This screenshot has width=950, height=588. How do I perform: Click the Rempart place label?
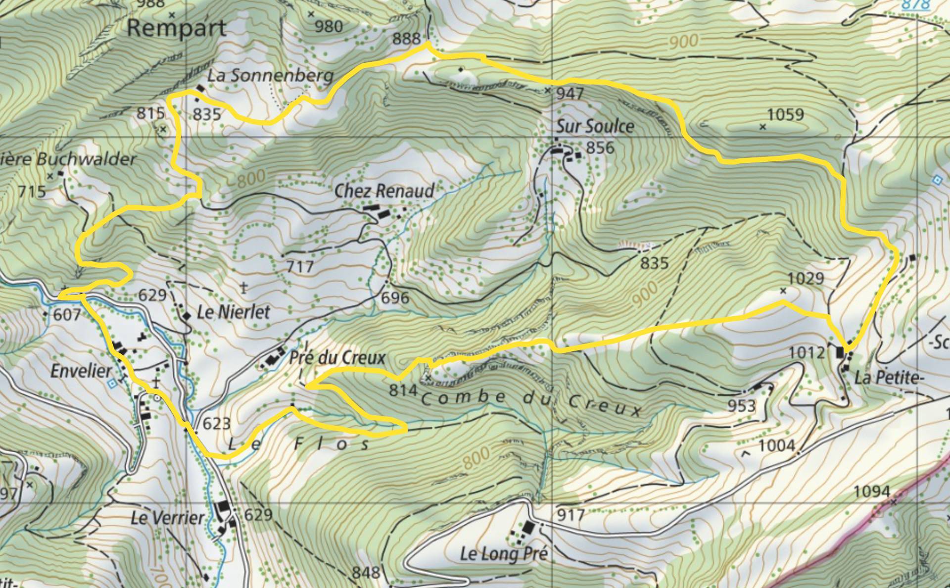coord(176,29)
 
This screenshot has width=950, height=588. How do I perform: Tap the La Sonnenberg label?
coord(270,76)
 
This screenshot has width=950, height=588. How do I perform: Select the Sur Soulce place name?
coord(595,126)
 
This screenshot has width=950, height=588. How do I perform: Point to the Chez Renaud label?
coord(384,191)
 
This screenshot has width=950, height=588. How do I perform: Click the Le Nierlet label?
coord(233,312)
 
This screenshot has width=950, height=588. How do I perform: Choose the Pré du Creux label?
coord(337,357)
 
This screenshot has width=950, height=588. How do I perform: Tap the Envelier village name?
coord(81,371)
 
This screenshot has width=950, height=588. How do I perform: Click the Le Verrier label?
coord(167,518)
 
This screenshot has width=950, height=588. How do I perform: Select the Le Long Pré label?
coord(504,553)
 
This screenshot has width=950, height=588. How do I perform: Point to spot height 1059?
coord(786,115)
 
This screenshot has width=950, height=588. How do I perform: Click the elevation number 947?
coord(570,94)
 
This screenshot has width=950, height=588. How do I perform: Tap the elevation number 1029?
coord(806,279)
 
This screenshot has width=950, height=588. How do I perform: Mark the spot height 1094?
coord(872,491)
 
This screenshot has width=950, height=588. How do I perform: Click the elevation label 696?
coord(395,297)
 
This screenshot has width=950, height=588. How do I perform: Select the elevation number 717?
coord(300,267)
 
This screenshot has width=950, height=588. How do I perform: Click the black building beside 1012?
coord(840,352)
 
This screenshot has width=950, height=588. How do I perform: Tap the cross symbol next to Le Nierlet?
coord(243,286)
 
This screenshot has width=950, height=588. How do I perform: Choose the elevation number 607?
coord(67,314)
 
